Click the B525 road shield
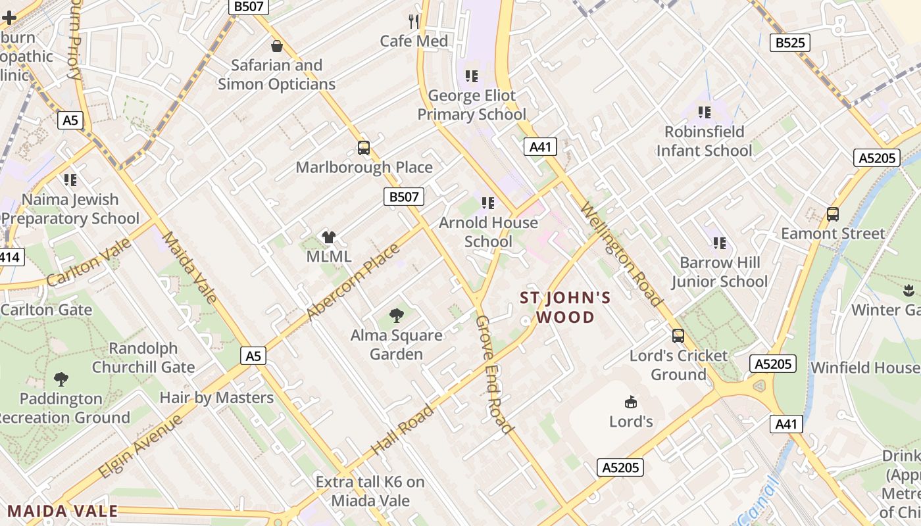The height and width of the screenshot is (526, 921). (789, 43)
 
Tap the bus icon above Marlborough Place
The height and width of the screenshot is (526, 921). (364, 148)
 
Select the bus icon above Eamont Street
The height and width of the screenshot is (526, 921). (833, 214)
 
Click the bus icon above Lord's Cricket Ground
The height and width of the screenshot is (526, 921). (678, 336)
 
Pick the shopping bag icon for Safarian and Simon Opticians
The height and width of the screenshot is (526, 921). (277, 46)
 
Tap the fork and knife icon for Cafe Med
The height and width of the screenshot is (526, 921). (414, 22)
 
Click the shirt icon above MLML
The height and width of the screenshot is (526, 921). (329, 237)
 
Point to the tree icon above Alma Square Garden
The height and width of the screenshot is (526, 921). (396, 316)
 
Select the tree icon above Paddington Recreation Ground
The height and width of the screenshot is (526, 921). (61, 379)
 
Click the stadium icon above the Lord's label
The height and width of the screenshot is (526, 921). (630, 401)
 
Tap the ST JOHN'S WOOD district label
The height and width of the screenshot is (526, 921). (566, 308)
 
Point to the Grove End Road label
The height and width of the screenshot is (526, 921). (494, 374)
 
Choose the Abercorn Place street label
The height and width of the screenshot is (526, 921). (353, 283)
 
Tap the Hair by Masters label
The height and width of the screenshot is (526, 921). (216, 398)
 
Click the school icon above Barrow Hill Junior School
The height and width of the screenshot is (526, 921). (720, 243)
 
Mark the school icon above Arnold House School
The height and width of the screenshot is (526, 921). (487, 203)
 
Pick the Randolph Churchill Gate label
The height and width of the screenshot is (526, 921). (143, 358)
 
